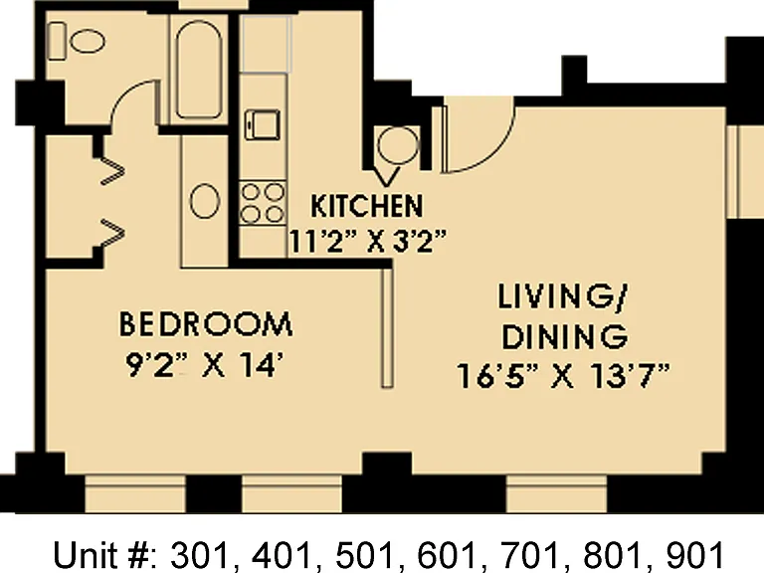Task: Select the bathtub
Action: coord(199,70)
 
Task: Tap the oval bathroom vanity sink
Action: coord(204,201)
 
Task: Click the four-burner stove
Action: coord(263,203)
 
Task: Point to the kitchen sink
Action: coord(263,125)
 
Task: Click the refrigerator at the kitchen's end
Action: coord(266,44)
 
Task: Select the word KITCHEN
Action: coord(367,206)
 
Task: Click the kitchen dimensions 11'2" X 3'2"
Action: coord(368,241)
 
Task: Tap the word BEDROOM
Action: coord(206,324)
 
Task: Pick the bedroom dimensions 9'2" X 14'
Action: coord(205,365)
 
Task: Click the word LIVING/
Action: coord(564,296)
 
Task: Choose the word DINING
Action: coord(565,337)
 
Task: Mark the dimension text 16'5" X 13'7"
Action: coord(564,376)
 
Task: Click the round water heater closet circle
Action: coord(398,145)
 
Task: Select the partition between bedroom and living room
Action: coord(387,328)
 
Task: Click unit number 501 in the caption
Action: coord(364,555)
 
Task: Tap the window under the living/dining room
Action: coord(556,494)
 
